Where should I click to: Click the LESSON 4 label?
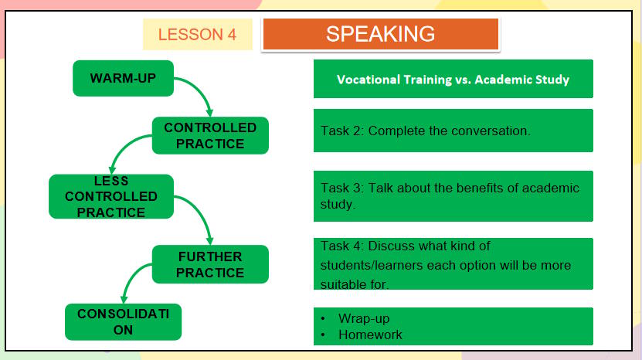(x=197, y=35)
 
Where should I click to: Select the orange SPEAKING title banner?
(x=380, y=34)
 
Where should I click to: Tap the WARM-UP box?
(x=123, y=79)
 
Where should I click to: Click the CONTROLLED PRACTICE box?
(x=210, y=135)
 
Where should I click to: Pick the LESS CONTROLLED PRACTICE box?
(x=110, y=196)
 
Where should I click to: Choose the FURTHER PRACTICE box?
(x=210, y=264)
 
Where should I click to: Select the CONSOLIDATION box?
(x=123, y=322)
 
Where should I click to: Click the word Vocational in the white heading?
(x=369, y=80)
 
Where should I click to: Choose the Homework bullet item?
(x=370, y=335)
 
